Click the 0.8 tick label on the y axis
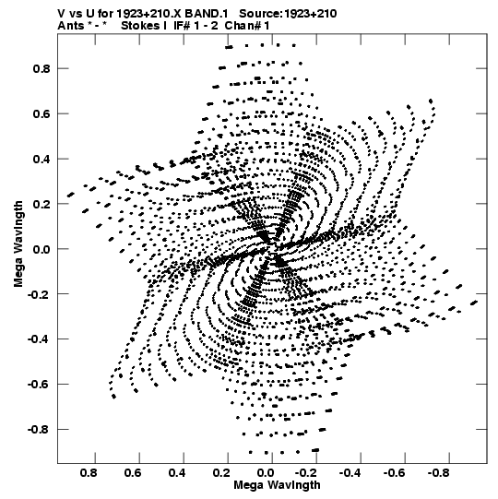[x=41, y=69]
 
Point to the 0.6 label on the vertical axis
[x=41, y=114]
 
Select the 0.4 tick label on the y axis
[x=41, y=160]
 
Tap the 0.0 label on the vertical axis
[x=41, y=249]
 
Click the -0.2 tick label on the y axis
[x=39, y=294]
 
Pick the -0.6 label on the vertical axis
[x=39, y=385]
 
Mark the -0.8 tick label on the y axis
[x=39, y=430]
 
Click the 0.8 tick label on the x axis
[x=89, y=473]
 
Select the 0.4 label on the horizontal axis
[x=177, y=473]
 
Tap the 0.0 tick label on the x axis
[x=266, y=473]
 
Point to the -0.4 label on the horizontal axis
[x=351, y=473]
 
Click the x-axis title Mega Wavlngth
[x=277, y=485]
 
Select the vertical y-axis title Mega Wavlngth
[x=18, y=244]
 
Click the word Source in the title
[x=260, y=14]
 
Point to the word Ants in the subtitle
[x=71, y=26]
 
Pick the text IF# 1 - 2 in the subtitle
[x=196, y=26]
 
